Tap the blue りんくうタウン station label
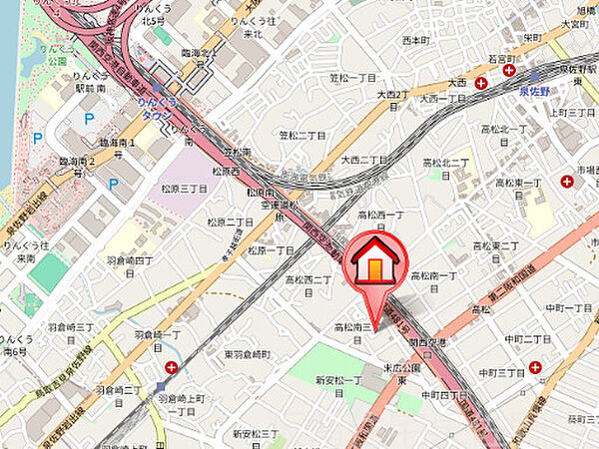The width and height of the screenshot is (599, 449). tap(152, 109)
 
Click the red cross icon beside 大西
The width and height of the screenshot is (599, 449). tap(482, 84)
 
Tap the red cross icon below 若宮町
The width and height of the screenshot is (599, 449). tap(508, 71)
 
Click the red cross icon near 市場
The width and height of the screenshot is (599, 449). tap(567, 181)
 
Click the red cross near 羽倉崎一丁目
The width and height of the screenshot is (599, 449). tap(173, 367)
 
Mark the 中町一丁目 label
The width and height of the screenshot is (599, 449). tap(570, 307)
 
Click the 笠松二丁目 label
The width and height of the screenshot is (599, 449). tap(301, 135)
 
